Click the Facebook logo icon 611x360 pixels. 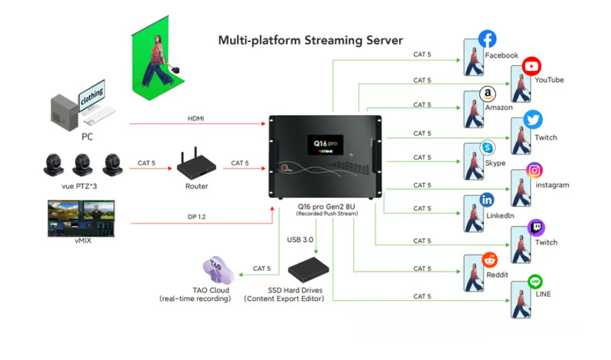click(x=487, y=39)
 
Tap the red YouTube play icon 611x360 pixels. click(x=532, y=66)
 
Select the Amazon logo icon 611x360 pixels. click(x=488, y=93)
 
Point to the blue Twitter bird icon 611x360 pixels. click(x=533, y=120)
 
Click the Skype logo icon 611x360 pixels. click(x=488, y=147)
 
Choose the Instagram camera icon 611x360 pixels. click(x=534, y=170)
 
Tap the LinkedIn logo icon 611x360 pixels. click(x=488, y=200)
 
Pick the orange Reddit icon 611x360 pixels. click(x=490, y=260)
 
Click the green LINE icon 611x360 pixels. click(x=535, y=282)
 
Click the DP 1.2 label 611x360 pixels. click(x=197, y=216)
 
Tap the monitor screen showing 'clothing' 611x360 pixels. click(x=92, y=96)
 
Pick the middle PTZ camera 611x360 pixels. click(x=83, y=164)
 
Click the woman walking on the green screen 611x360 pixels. click(x=157, y=60)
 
